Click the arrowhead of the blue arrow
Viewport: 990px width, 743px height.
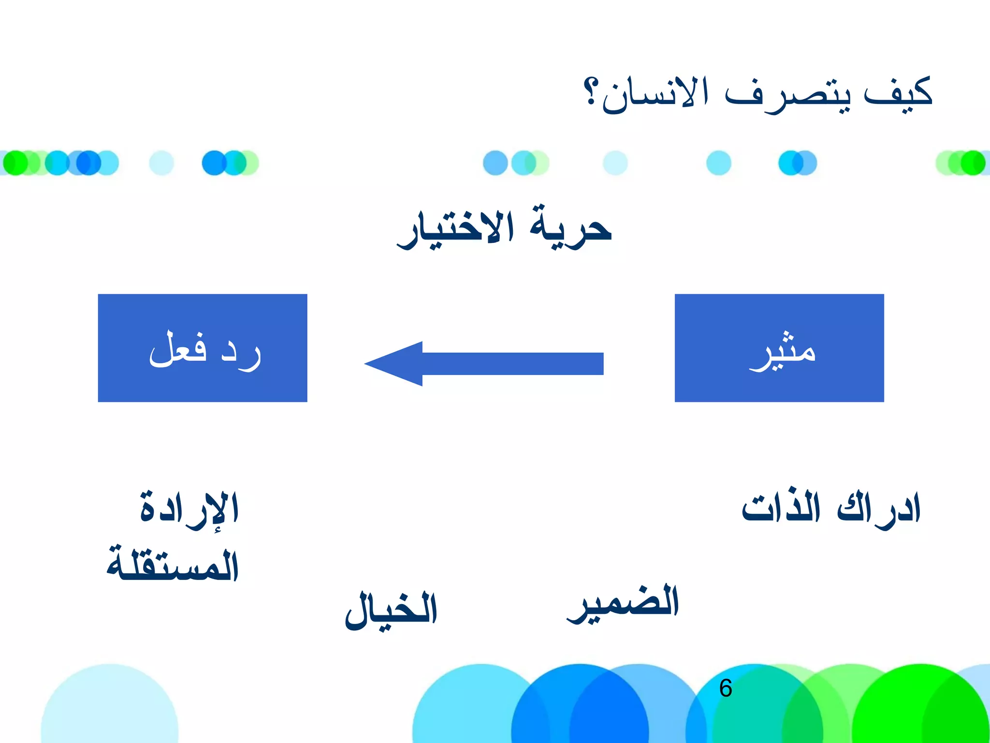tap(394, 364)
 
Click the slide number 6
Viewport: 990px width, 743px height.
tap(726, 688)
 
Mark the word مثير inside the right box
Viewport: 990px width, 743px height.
tap(783, 351)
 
